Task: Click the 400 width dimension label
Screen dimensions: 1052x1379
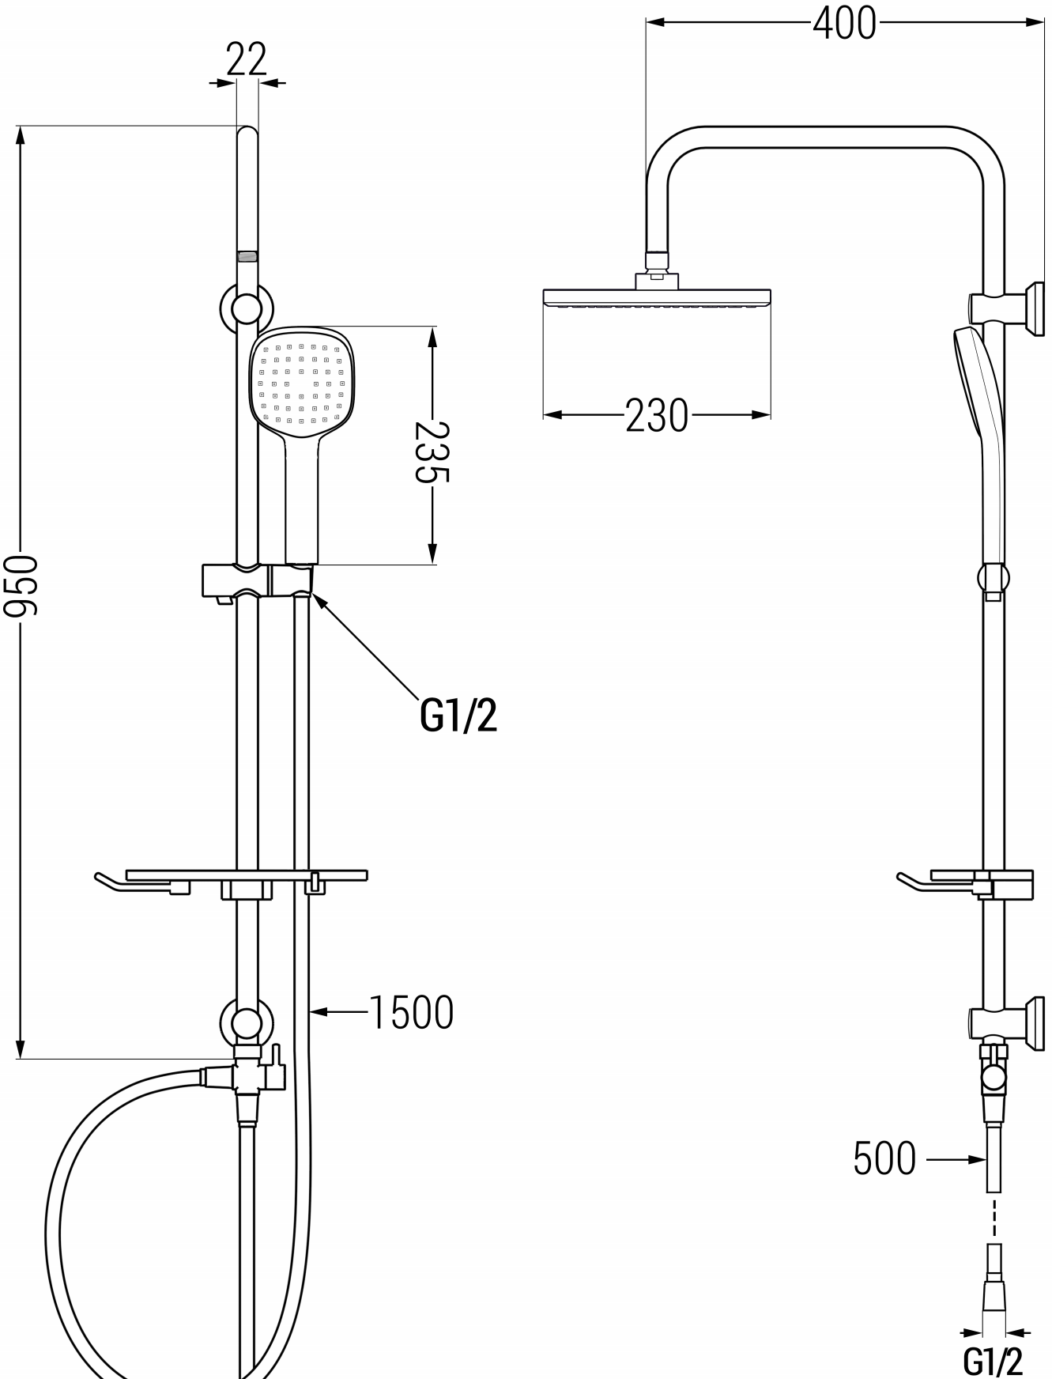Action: point(844,23)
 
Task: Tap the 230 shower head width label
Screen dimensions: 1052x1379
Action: point(657,415)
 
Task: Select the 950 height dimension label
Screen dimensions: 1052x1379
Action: point(21,586)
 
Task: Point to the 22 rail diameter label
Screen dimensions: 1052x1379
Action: point(247,59)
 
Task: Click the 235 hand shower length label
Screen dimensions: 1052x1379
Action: point(432,451)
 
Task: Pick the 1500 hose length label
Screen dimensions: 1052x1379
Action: point(412,1012)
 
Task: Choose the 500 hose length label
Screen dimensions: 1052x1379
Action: point(884,1160)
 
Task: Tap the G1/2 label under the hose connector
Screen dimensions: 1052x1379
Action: point(993,1361)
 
